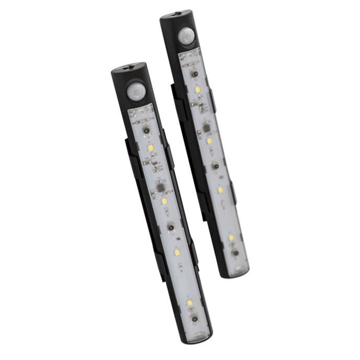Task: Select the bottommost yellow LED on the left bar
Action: [190, 302]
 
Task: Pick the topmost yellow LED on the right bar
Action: [198, 89]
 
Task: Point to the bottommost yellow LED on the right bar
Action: [231, 238]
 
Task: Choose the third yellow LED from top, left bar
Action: [177, 253]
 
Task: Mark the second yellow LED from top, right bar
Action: [209, 140]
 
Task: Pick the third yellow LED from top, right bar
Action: [220, 190]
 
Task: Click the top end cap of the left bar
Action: [128, 68]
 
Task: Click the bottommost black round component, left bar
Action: [195, 319]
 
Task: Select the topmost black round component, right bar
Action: [194, 73]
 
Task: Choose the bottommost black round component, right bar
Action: [236, 253]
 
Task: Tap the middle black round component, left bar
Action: [171, 227]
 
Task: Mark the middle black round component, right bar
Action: [215, 166]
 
